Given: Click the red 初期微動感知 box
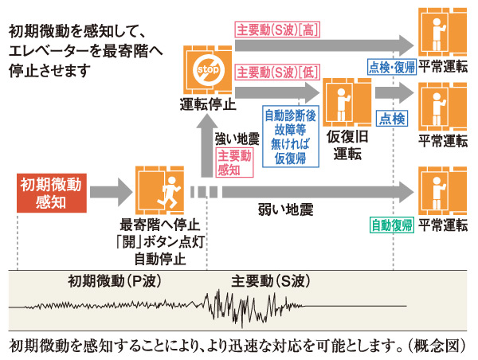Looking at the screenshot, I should click(x=51, y=192).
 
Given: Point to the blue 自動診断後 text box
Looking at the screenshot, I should click(x=291, y=137).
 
